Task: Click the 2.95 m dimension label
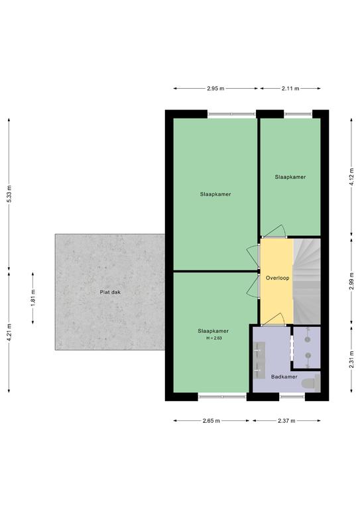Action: (x=215, y=88)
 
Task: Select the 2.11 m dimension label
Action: (x=290, y=88)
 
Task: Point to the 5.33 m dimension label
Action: (x=9, y=194)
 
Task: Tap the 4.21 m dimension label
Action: (x=9, y=332)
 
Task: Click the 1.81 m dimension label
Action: (x=32, y=298)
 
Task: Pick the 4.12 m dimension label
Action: (x=351, y=177)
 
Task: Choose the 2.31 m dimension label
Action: (x=351, y=359)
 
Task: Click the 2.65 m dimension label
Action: (x=211, y=421)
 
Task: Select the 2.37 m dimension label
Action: (x=286, y=421)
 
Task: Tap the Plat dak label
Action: (x=110, y=292)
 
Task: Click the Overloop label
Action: (x=278, y=278)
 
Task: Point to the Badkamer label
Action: (x=284, y=377)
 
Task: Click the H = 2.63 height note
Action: (x=214, y=338)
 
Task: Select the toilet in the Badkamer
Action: (x=311, y=383)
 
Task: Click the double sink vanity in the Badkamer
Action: (x=259, y=360)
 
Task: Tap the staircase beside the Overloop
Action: (x=307, y=281)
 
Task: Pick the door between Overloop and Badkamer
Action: (x=273, y=319)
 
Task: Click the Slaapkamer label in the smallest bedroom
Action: (x=290, y=177)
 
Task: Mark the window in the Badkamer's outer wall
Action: (x=292, y=396)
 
